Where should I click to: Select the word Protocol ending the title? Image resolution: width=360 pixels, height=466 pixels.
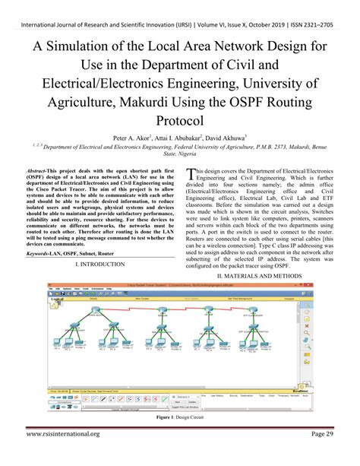(179, 121)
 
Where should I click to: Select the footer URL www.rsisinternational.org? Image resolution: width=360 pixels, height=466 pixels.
(63, 455)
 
